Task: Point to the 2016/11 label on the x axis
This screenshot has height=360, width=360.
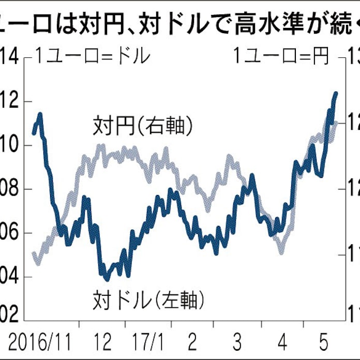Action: click(x=39, y=342)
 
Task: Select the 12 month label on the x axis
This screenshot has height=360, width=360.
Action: click(x=103, y=342)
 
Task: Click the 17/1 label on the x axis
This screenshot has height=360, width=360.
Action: click(x=147, y=342)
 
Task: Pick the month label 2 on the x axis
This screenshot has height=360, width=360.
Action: click(x=192, y=342)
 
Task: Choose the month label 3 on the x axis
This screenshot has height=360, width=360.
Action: click(x=237, y=342)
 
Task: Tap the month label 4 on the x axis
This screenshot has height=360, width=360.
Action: click(x=282, y=342)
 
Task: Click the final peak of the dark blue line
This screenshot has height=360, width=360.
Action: click(x=336, y=94)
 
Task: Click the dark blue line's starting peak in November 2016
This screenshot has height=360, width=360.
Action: click(x=40, y=113)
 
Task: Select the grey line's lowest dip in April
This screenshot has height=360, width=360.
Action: click(x=281, y=252)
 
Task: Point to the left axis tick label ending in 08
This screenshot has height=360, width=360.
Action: click(x=9, y=189)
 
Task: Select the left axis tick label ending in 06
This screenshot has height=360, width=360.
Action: click(x=9, y=233)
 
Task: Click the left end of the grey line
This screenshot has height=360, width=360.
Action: click(x=34, y=253)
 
